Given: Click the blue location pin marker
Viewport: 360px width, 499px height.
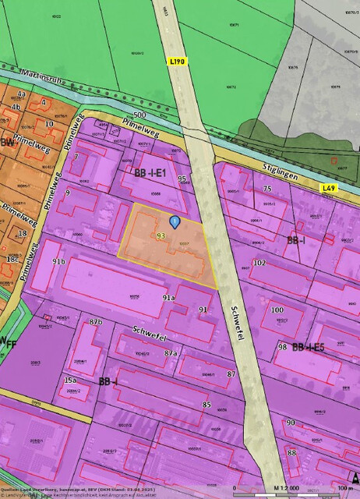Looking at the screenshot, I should (x=175, y=222).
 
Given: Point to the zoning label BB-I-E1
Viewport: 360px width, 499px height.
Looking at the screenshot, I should (x=151, y=172).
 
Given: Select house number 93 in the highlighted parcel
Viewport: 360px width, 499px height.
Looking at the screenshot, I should (x=161, y=235).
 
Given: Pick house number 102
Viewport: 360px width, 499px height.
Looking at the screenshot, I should (x=259, y=264).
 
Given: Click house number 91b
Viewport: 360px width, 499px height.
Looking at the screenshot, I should (x=58, y=260).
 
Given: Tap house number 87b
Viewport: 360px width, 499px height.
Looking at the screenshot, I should (x=95, y=321).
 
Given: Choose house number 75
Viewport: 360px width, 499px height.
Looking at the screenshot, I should (x=266, y=189).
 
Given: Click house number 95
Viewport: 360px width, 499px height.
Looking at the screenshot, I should (x=182, y=179).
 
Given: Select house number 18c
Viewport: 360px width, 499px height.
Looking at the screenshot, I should (x=12, y=259).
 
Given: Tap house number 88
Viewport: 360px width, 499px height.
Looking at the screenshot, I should (x=291, y=452).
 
